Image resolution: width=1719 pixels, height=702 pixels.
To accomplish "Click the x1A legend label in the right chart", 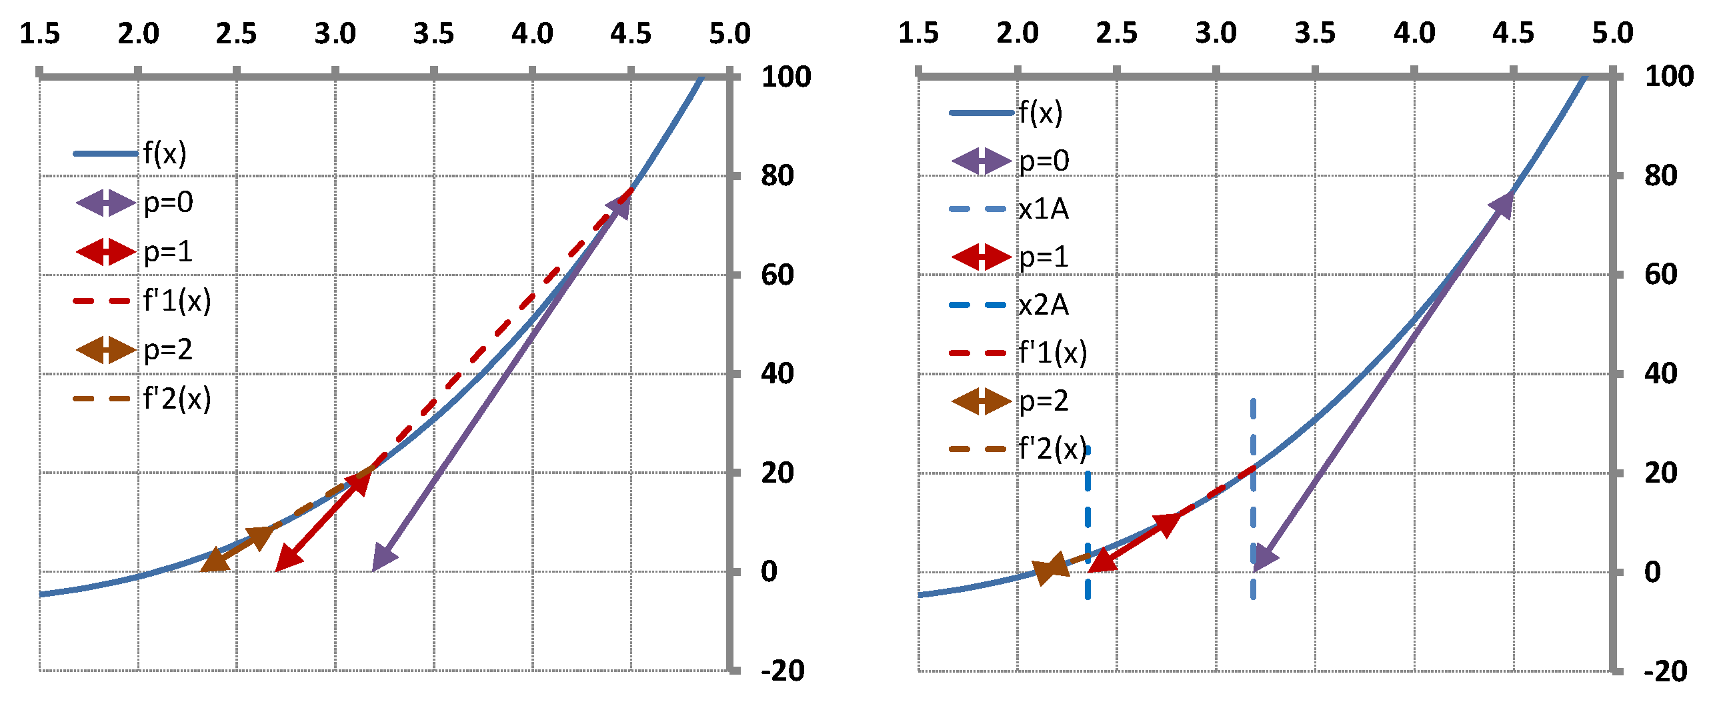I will pyautogui.click(x=1043, y=209).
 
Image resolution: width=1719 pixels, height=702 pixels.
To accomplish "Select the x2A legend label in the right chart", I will pyautogui.click(x=1043, y=305).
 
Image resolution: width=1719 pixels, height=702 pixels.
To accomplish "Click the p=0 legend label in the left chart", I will pyautogui.click(x=168, y=202).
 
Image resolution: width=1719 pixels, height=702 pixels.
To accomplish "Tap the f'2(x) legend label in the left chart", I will pyautogui.click(x=177, y=399).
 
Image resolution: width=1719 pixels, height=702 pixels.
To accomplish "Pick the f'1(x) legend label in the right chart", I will pyautogui.click(x=1052, y=353).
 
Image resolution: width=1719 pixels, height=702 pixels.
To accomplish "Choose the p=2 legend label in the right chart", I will pyautogui.click(x=1044, y=401).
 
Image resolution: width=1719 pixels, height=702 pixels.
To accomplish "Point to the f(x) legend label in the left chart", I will pyautogui.click(x=165, y=153).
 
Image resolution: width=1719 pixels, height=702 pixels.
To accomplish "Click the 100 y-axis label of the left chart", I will pyautogui.click(x=786, y=77).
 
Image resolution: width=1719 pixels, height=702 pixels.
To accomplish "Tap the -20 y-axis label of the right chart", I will pyautogui.click(x=1665, y=671).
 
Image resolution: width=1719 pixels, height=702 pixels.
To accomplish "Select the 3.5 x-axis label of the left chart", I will pyautogui.click(x=433, y=33).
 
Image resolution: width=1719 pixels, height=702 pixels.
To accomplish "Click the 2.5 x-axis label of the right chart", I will pyautogui.click(x=1116, y=33).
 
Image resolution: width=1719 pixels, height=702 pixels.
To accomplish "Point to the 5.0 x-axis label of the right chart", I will pyautogui.click(x=1612, y=33).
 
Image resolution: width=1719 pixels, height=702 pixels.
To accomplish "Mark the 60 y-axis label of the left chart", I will pyautogui.click(x=777, y=275).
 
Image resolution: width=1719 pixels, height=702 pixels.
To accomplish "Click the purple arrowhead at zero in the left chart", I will pyautogui.click(x=384, y=558).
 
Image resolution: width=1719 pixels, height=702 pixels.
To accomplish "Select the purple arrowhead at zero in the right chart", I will pyautogui.click(x=1264, y=558).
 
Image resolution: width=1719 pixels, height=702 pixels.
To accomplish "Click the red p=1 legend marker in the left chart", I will pyautogui.click(x=105, y=252).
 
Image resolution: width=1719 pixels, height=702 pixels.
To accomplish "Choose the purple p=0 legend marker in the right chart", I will pyautogui.click(x=981, y=161).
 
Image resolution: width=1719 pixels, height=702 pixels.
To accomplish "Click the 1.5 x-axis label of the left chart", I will pyautogui.click(x=39, y=33).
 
